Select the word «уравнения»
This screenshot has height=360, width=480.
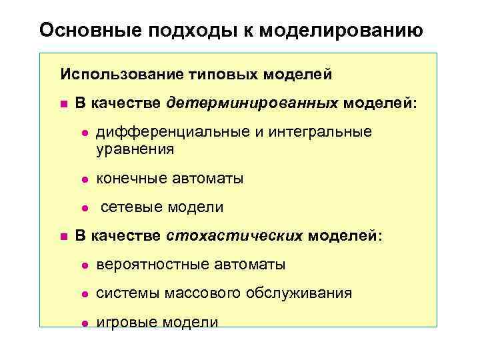(x=135, y=149)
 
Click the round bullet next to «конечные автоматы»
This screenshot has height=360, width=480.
(x=85, y=179)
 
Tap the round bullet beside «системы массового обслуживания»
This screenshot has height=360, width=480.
(x=85, y=294)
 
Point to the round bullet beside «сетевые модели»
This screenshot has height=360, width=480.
(x=85, y=208)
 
